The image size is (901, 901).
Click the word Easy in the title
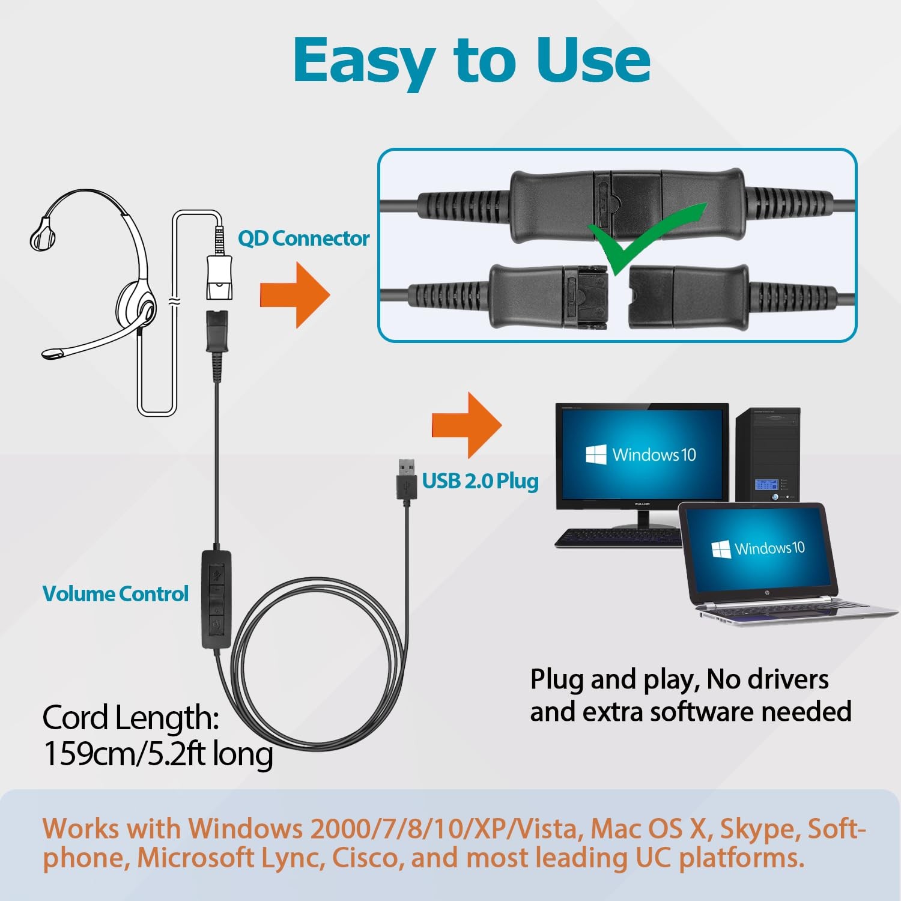point(364,62)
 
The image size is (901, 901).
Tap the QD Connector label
point(303,238)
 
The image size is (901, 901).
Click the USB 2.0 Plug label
point(480,481)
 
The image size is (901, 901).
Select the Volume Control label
point(115,594)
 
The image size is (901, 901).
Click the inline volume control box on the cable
point(216,599)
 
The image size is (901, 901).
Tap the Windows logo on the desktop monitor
point(596,455)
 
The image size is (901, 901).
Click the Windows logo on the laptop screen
point(721,548)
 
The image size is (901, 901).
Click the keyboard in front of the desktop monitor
point(619,537)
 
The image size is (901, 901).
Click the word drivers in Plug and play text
point(787,680)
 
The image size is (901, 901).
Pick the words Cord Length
point(130,717)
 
